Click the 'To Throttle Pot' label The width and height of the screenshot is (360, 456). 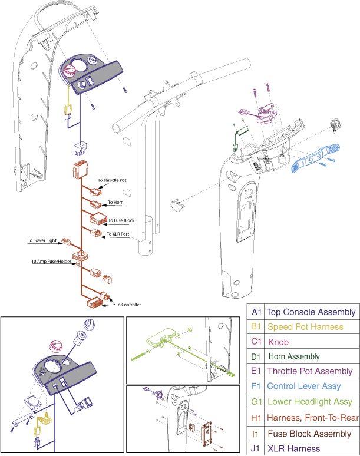[113, 180]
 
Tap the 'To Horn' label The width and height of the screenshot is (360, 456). [115, 203]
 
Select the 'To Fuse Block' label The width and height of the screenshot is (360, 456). [121, 220]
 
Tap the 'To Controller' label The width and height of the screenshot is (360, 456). [128, 305]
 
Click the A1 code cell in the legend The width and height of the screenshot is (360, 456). [256, 312]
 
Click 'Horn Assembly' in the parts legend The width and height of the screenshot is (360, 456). [294, 356]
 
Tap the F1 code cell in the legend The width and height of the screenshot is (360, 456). [256, 386]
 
